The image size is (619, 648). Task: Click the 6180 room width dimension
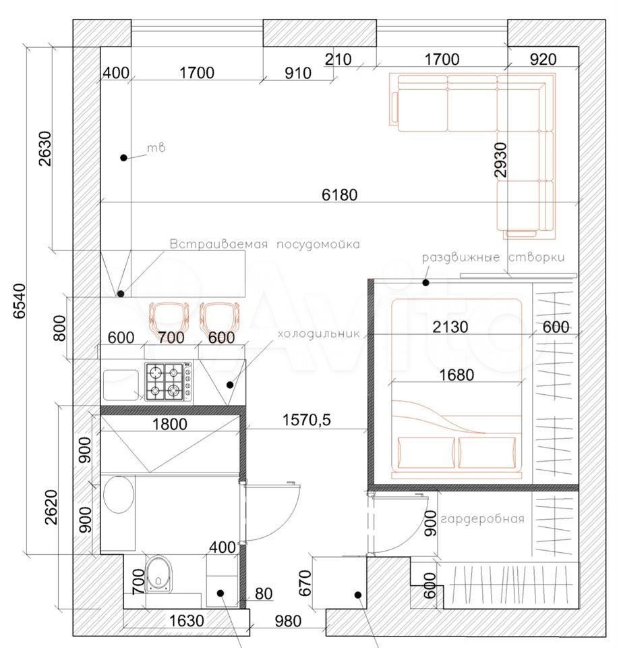coord(339,194)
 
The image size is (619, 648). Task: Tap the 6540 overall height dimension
coord(20,301)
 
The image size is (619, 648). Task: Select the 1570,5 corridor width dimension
coord(306,420)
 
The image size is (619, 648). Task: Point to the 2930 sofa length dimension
coord(500,159)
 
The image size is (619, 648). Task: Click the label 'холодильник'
coord(318,333)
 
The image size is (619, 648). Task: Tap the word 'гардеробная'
coord(482,519)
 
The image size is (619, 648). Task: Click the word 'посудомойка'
coord(318,244)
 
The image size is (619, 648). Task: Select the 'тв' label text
coord(156,147)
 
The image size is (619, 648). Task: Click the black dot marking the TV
coord(123,157)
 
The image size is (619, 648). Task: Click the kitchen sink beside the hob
coord(121,385)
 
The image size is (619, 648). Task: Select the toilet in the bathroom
coord(158,573)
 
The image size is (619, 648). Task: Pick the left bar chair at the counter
coord(169,317)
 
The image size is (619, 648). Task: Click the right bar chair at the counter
coord(219,317)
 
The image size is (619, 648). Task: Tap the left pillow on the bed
coord(425,452)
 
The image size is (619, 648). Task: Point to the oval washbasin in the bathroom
coord(119,495)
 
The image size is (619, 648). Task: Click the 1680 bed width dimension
coord(456,375)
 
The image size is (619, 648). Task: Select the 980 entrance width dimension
coord(288,621)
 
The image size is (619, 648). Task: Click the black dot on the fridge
coord(230,385)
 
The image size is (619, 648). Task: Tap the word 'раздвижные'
coord(461,257)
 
